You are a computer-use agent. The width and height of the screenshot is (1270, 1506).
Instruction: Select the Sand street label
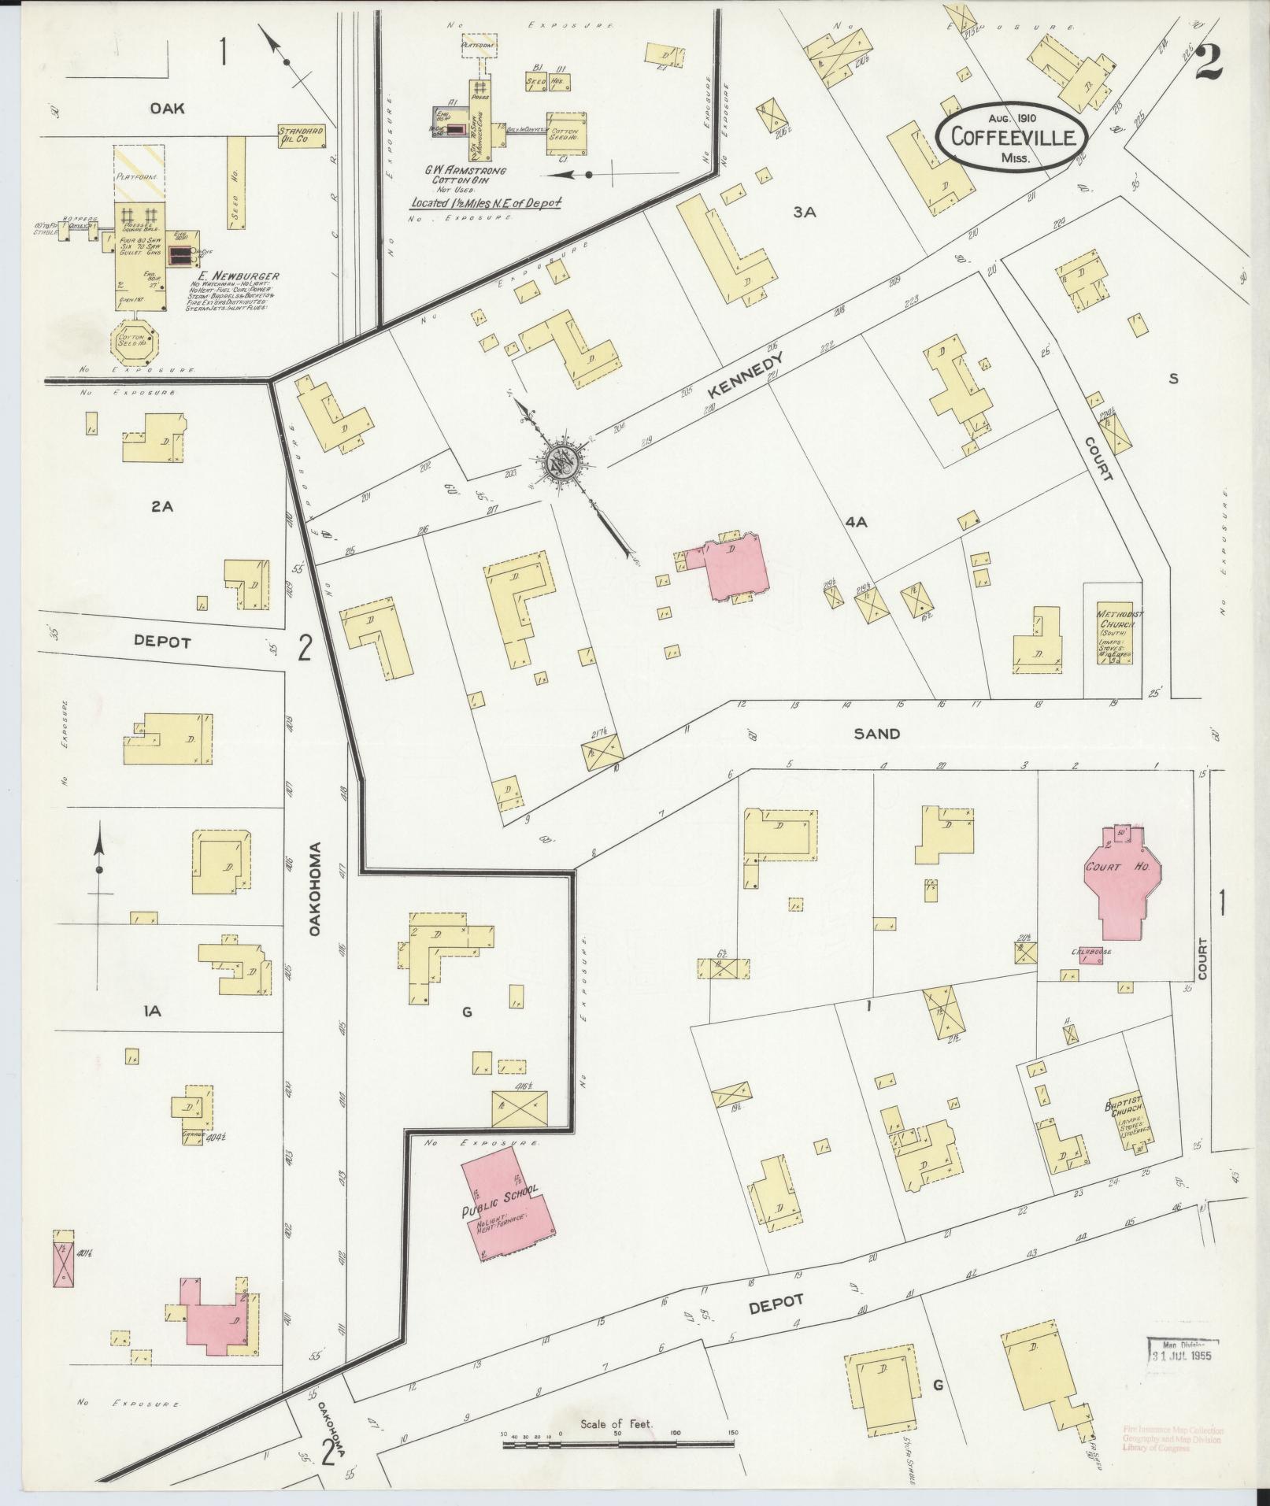coord(876,734)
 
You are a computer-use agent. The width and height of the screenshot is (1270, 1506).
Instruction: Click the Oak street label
coord(167,109)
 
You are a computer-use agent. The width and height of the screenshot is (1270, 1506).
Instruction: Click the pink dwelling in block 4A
coord(735,565)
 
